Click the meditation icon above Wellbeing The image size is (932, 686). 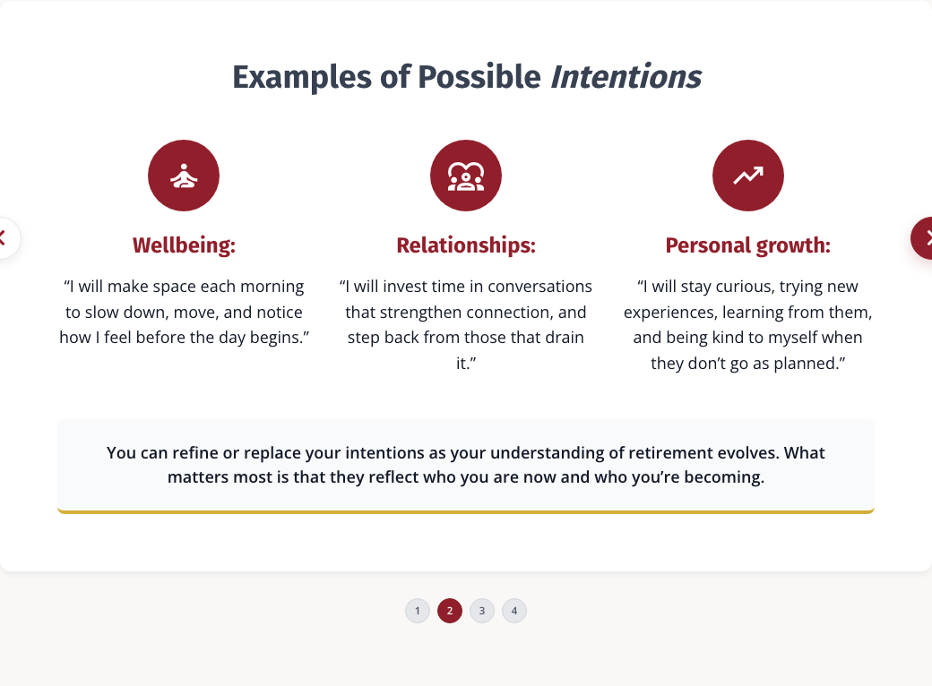(x=184, y=176)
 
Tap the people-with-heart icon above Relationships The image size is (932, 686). (x=466, y=176)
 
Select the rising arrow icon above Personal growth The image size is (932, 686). (x=748, y=176)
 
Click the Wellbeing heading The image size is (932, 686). (x=184, y=245)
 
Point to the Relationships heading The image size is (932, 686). (x=466, y=245)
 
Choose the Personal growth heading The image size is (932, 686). (x=747, y=245)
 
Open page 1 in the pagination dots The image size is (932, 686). (x=418, y=611)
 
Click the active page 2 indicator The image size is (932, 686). (x=450, y=611)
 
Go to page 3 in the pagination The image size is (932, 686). (x=482, y=611)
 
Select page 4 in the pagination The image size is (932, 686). (x=514, y=611)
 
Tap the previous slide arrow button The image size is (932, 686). (x=5, y=238)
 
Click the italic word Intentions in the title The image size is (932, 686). (x=626, y=77)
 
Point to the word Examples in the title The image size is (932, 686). (x=303, y=78)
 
